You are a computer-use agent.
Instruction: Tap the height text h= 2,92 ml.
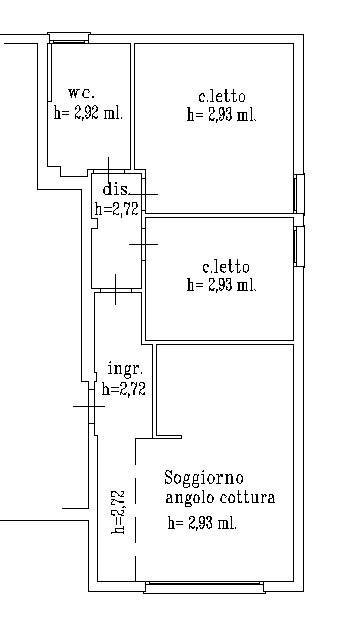(88, 113)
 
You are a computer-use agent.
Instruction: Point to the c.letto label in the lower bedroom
(225, 267)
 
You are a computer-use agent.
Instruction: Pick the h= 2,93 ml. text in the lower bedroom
(222, 285)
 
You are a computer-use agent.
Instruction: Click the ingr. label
(123, 370)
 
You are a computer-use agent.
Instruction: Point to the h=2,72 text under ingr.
(123, 390)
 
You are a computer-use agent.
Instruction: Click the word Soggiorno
(204, 477)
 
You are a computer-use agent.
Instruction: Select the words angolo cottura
(221, 498)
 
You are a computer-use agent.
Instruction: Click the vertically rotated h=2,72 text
(118, 512)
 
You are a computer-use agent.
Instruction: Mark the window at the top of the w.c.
(68, 39)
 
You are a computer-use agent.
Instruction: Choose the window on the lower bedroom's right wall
(298, 247)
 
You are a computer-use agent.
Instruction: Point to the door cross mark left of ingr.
(89, 406)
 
